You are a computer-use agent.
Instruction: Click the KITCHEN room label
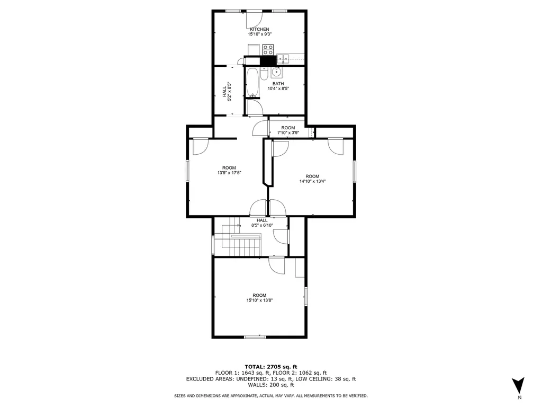point(259,29)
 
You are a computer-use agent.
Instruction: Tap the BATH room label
point(278,84)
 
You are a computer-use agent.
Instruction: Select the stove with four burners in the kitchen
point(268,50)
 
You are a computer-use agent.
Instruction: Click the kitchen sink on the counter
point(283,59)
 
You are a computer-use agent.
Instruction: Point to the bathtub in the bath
point(252,83)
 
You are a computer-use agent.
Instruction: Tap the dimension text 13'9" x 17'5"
point(229,173)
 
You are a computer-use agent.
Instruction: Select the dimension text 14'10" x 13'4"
point(312,181)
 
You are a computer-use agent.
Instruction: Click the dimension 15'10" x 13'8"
point(259,300)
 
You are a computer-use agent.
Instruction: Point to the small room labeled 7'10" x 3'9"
point(288,130)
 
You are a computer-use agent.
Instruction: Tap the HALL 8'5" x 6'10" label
point(262,223)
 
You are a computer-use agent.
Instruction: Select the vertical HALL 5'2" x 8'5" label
point(226,91)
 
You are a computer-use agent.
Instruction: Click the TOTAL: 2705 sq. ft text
point(271,367)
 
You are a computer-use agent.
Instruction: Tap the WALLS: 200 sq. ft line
point(271,385)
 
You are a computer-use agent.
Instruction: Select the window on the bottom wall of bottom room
point(255,337)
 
